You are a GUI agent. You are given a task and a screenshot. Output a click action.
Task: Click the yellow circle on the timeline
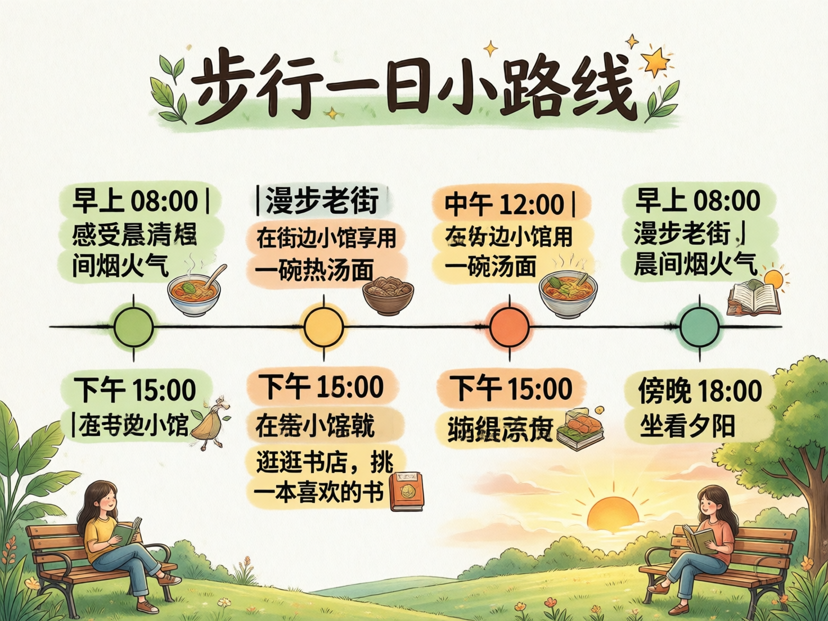pos(323,326)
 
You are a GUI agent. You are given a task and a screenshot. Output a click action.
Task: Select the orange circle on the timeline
pos(510,326)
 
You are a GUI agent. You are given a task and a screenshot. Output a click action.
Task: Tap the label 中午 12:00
pos(504,204)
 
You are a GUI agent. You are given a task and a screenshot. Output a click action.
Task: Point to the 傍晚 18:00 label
pos(700,390)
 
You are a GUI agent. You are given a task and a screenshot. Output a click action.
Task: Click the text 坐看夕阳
pos(687,426)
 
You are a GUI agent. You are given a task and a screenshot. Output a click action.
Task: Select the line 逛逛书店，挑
pos(324,462)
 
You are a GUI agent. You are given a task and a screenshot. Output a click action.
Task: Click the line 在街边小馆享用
pos(326,238)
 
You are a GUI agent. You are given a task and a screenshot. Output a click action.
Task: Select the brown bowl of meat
pos(388,294)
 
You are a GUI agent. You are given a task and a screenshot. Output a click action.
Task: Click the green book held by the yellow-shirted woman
pos(127,531)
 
